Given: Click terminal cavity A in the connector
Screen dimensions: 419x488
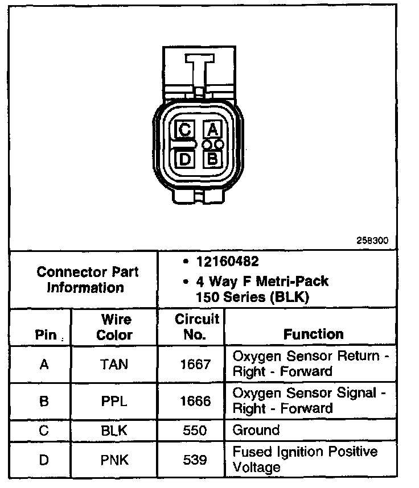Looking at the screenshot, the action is tap(212, 129).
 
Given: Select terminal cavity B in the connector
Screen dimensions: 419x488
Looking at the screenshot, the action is tap(212, 158).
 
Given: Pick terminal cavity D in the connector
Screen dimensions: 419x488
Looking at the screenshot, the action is tap(184, 158).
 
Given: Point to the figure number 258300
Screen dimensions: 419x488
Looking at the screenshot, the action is tap(372, 241).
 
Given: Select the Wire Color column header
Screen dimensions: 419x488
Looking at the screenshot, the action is tap(114, 327).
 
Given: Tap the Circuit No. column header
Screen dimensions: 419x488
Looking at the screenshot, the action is tap(196, 327).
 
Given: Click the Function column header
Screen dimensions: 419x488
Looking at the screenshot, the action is tap(313, 334).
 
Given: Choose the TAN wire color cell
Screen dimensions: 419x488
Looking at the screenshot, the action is tap(114, 364).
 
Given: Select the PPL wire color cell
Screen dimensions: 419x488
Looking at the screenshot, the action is tap(114, 401).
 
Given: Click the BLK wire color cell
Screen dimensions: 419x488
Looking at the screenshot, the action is tap(114, 431).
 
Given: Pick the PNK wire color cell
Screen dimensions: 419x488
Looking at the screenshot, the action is tap(114, 459).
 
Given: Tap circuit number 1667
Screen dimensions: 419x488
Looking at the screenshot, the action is tap(195, 364).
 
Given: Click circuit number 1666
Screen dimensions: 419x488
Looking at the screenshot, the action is tap(195, 401).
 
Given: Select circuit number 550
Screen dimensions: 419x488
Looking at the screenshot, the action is tap(195, 431).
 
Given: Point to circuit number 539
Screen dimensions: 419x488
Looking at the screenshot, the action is tap(195, 459).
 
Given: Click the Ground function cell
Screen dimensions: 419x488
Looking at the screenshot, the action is tap(256, 430).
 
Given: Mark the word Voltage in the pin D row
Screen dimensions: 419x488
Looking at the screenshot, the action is tap(257, 468).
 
